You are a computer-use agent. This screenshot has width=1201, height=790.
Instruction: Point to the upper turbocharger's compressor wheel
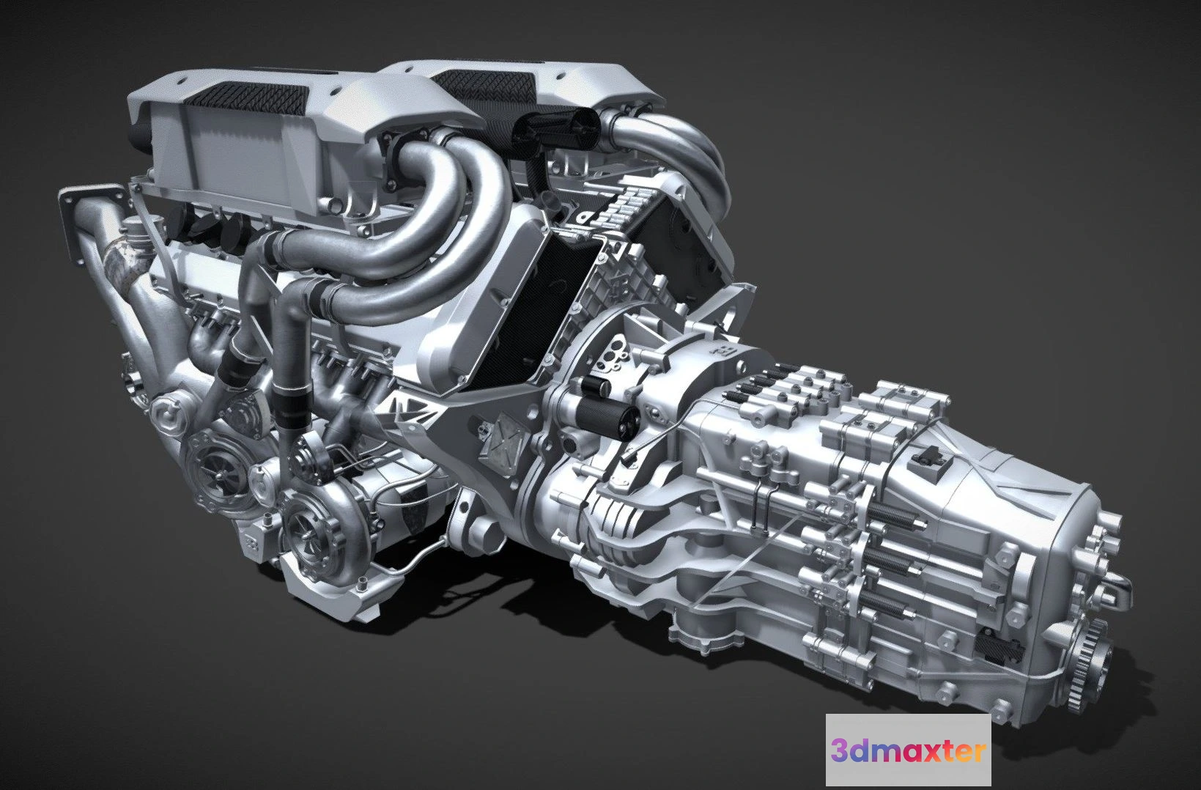tap(219, 473)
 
